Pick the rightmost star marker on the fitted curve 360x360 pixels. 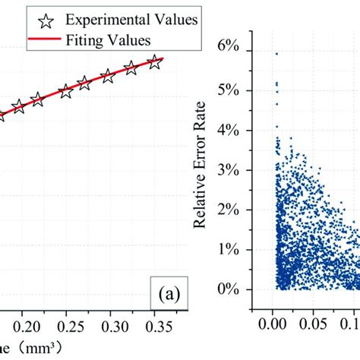click(154, 62)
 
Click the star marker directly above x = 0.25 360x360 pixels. click(66, 91)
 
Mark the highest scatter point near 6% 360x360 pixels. click(276, 54)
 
